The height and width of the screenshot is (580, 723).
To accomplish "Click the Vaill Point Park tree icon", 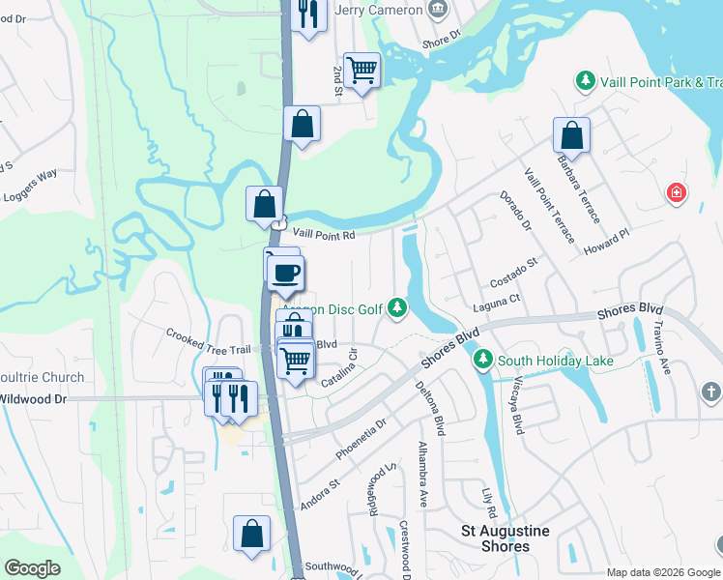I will [585, 82].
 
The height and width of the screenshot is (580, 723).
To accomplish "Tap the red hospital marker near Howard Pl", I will [678, 193].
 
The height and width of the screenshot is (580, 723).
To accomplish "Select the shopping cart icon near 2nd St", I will [361, 70].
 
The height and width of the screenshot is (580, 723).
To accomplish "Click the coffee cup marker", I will [286, 273].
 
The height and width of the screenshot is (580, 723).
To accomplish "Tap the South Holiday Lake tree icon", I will [483, 361].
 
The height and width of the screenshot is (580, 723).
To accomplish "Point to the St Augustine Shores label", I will [506, 538].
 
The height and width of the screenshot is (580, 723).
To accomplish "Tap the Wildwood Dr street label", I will [33, 397].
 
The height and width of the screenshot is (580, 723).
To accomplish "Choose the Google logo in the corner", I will [33, 568].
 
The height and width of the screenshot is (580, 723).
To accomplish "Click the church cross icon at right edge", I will [710, 391].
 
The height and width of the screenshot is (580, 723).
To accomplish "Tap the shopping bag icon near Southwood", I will [251, 534].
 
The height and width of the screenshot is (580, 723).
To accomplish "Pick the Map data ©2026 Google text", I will [663, 571].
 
